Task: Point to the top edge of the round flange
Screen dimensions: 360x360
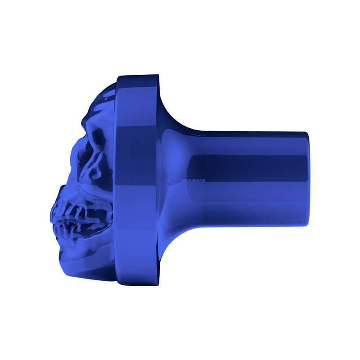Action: tap(137, 76)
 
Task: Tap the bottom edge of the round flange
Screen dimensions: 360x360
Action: tap(137, 284)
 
